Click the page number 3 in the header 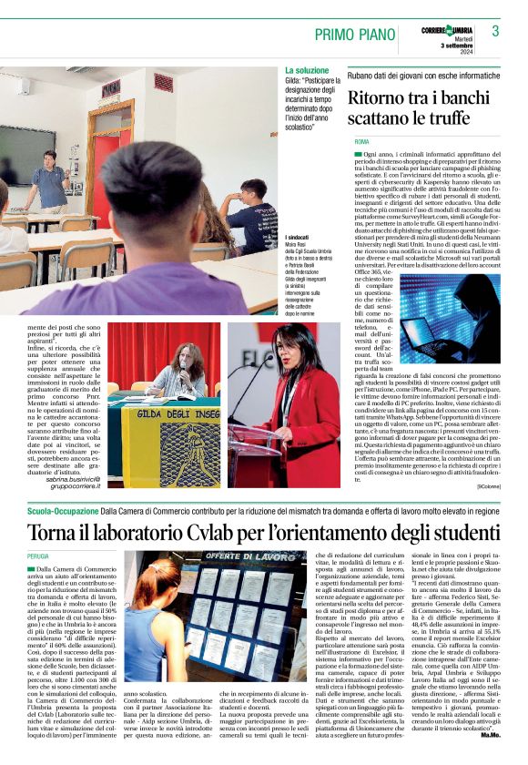(x=495, y=32)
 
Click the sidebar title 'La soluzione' (x=307, y=70)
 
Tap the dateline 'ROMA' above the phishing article (x=361, y=143)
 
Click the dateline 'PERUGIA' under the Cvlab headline (x=39, y=554)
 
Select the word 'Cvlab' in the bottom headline (x=228, y=531)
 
